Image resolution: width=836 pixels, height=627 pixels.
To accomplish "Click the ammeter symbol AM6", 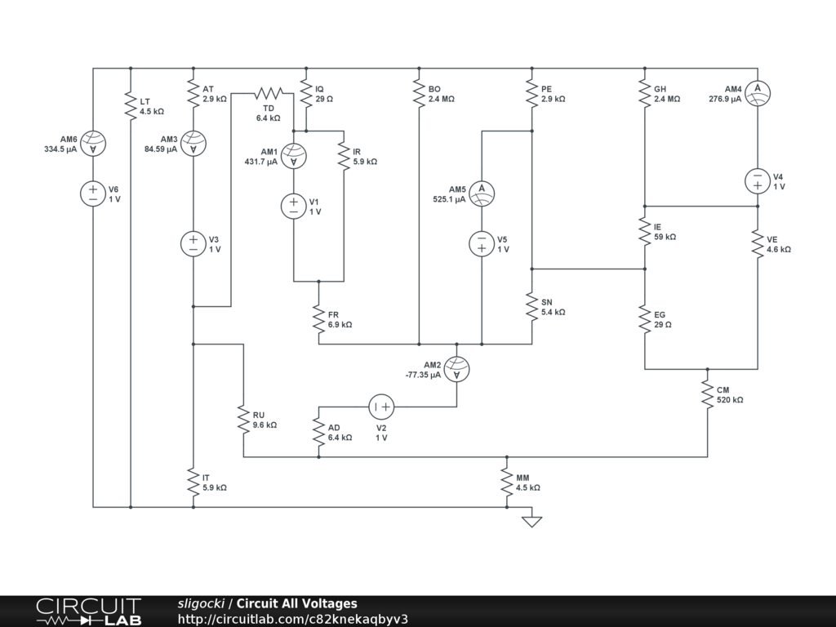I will coord(93,144).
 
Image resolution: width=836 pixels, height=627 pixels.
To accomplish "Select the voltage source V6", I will coord(93,193).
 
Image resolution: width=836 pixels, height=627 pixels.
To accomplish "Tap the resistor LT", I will coord(131,106).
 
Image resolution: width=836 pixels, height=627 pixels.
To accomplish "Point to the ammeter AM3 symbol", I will coord(193,144).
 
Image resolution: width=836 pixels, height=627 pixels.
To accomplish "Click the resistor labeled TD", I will coord(269,93).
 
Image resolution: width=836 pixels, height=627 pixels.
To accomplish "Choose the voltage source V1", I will coord(293,206).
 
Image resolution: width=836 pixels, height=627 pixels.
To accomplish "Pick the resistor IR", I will coord(344,156).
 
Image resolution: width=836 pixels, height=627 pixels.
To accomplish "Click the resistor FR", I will coord(318,318).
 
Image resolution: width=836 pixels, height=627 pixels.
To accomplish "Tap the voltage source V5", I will coord(482,243).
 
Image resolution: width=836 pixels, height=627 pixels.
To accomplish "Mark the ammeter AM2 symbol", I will coord(456,369).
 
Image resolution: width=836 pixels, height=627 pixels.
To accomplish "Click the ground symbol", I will coord(531,519).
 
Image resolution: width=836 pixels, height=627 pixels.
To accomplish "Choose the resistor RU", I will coord(243,419).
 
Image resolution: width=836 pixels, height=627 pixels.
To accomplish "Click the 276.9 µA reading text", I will coord(725,99).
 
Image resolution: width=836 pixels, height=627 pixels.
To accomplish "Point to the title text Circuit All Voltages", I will coord(296,604).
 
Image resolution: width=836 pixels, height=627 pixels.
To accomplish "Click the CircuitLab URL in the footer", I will coord(292,619).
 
